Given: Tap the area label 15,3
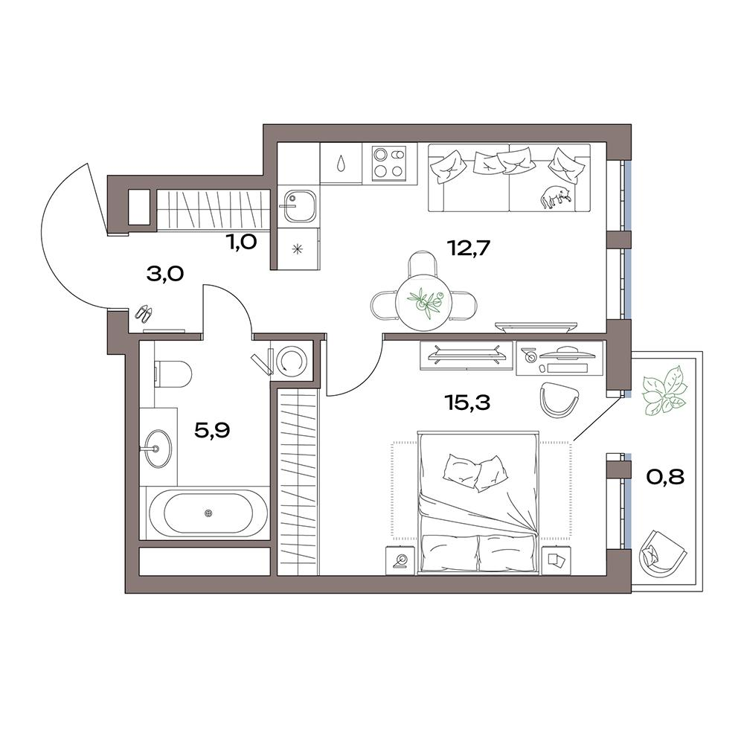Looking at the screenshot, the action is [467, 403].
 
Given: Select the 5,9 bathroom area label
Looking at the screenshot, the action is [212, 431].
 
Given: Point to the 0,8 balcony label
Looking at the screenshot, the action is [665, 477].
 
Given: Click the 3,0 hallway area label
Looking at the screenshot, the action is [165, 275].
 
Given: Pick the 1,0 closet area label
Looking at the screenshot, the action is [242, 243].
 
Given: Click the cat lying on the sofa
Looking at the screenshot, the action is [555, 196].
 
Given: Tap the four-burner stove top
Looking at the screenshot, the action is [389, 163].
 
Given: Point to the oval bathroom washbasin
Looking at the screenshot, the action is [156, 448].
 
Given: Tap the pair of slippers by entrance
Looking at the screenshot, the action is [144, 314].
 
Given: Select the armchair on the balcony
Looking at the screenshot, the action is [662, 551].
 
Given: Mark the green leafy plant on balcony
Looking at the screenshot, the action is [664, 390].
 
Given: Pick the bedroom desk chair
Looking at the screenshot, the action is [560, 399].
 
